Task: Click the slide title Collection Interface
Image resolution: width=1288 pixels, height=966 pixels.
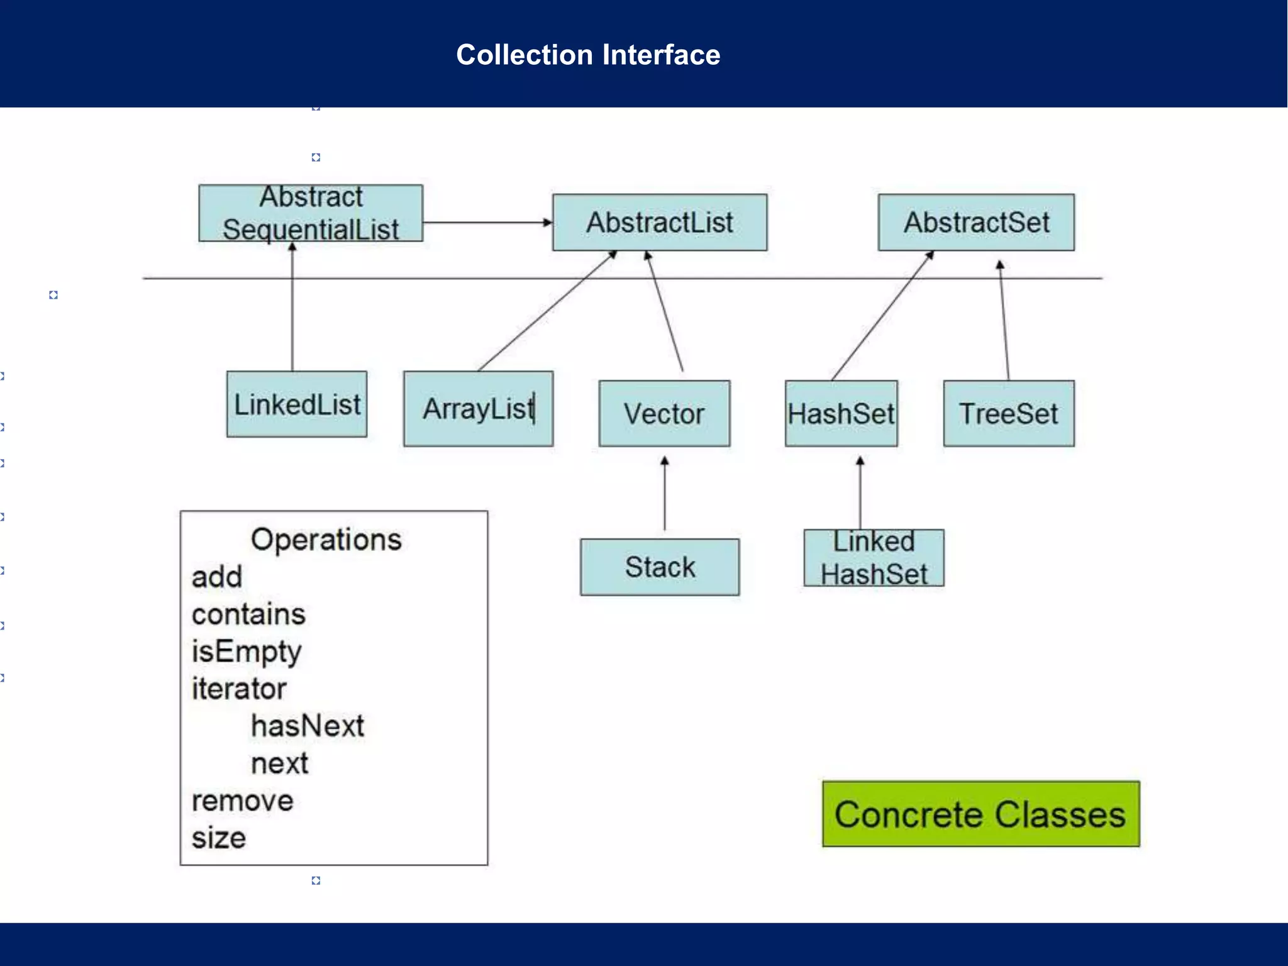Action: coord(588,55)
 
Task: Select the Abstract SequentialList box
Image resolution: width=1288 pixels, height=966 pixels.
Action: coord(311,213)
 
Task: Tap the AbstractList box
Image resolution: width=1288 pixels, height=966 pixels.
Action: coord(660,223)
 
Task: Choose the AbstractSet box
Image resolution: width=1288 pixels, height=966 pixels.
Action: coord(976,223)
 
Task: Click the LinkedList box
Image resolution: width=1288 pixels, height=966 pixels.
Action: coord(297,404)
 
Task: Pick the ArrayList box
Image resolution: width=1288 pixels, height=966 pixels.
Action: coord(478,409)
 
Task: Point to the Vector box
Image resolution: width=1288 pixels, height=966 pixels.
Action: coord(664,414)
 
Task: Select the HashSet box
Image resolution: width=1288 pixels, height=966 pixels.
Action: coord(841,414)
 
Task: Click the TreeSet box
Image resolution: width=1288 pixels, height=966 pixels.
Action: coord(1009,414)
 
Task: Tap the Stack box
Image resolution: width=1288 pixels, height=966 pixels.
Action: coord(660,567)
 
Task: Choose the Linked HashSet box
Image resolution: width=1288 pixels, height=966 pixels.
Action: coord(874,558)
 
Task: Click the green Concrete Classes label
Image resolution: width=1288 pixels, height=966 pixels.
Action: coord(980,814)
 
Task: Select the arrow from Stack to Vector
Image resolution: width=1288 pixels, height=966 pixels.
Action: coord(665,494)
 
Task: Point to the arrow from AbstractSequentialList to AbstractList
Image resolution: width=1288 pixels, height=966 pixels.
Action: coord(487,223)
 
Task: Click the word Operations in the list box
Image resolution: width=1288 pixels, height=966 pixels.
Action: coord(326,540)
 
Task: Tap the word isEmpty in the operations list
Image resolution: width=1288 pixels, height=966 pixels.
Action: coord(247,651)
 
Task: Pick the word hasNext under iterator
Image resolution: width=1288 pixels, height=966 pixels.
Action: coord(308,726)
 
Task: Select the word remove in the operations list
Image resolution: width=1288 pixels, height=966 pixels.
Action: coord(242,801)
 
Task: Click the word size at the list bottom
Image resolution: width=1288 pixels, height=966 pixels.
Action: coord(219,838)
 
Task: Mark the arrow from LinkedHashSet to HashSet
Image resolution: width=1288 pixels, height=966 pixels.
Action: coord(860,494)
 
